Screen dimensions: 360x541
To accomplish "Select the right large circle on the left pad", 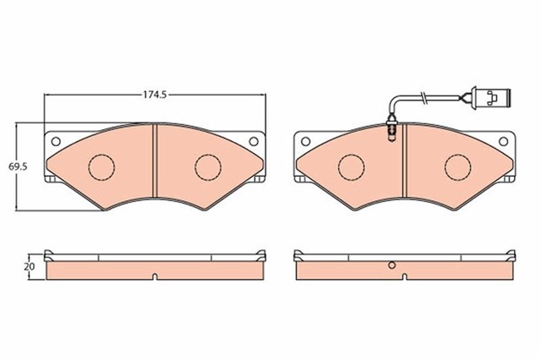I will (207, 166).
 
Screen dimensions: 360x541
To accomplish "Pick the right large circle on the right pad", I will (457, 166).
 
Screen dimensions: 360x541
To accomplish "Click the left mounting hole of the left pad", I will (57, 141).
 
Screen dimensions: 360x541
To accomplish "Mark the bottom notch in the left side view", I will (156, 275).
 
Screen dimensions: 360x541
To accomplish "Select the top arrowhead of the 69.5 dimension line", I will (21, 124).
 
